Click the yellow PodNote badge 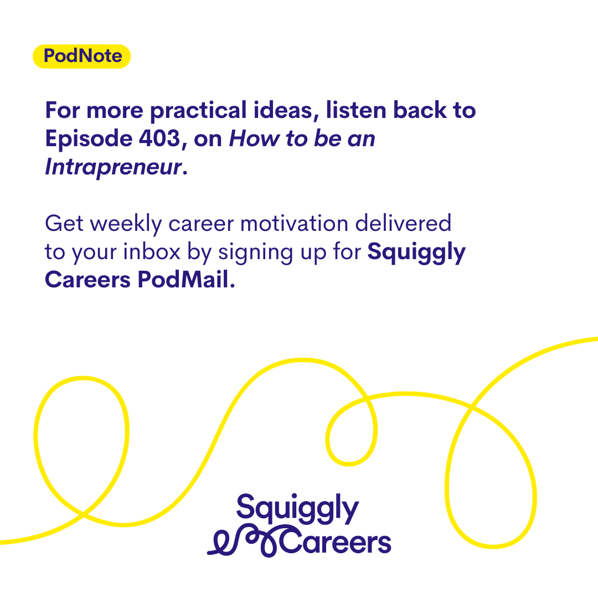(x=81, y=56)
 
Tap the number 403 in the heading (x=159, y=138)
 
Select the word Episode (x=89, y=139)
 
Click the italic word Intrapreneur (x=114, y=167)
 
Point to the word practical (x=198, y=111)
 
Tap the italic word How (x=254, y=138)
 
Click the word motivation (x=294, y=224)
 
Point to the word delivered (x=403, y=223)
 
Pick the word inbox (x=152, y=252)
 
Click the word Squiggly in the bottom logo (x=297, y=508)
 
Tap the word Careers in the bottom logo (x=336, y=541)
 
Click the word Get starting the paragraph (x=64, y=224)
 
